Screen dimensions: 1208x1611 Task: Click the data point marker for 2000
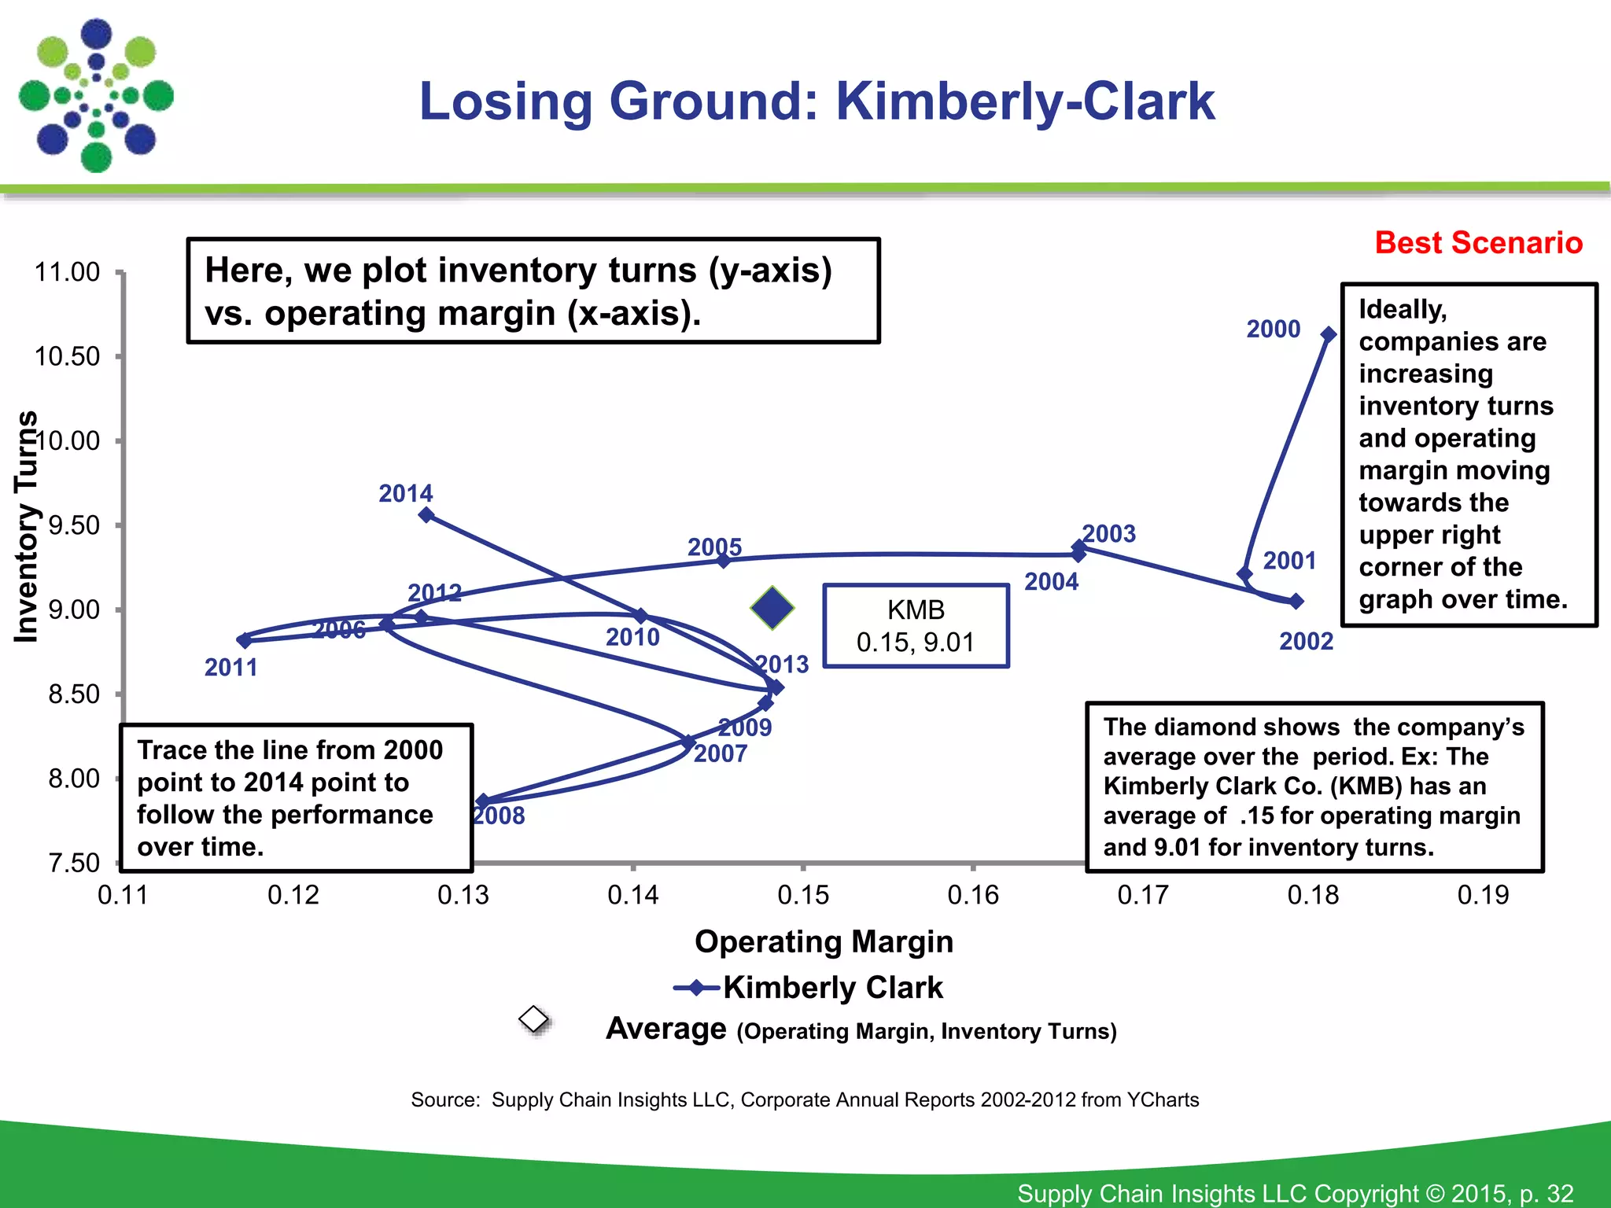point(1329,334)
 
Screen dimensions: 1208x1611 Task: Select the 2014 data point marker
point(426,515)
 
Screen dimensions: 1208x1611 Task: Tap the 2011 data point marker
point(245,640)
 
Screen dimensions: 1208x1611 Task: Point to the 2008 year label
point(500,816)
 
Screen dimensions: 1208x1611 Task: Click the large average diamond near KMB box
point(772,608)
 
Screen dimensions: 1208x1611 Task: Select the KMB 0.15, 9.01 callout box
point(916,626)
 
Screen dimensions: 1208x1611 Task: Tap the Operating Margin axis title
point(824,941)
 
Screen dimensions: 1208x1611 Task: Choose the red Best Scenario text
point(1478,242)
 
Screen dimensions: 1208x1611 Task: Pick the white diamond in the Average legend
point(534,1019)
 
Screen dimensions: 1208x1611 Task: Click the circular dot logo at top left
point(96,96)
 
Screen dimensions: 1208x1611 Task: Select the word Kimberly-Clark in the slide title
point(1025,101)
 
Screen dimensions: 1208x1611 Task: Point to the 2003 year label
point(1109,534)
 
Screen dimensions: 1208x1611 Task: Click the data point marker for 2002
point(1296,602)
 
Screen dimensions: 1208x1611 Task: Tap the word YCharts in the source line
point(1163,1099)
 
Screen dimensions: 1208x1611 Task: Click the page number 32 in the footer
point(1560,1193)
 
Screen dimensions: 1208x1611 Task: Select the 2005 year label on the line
point(714,547)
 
